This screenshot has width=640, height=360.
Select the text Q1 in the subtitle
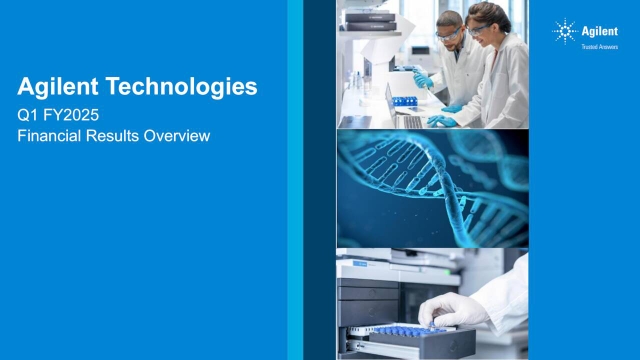click(x=28, y=115)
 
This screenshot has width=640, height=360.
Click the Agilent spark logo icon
click(x=565, y=32)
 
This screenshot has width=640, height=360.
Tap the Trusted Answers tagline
click(x=598, y=46)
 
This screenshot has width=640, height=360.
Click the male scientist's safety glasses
click(x=448, y=33)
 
